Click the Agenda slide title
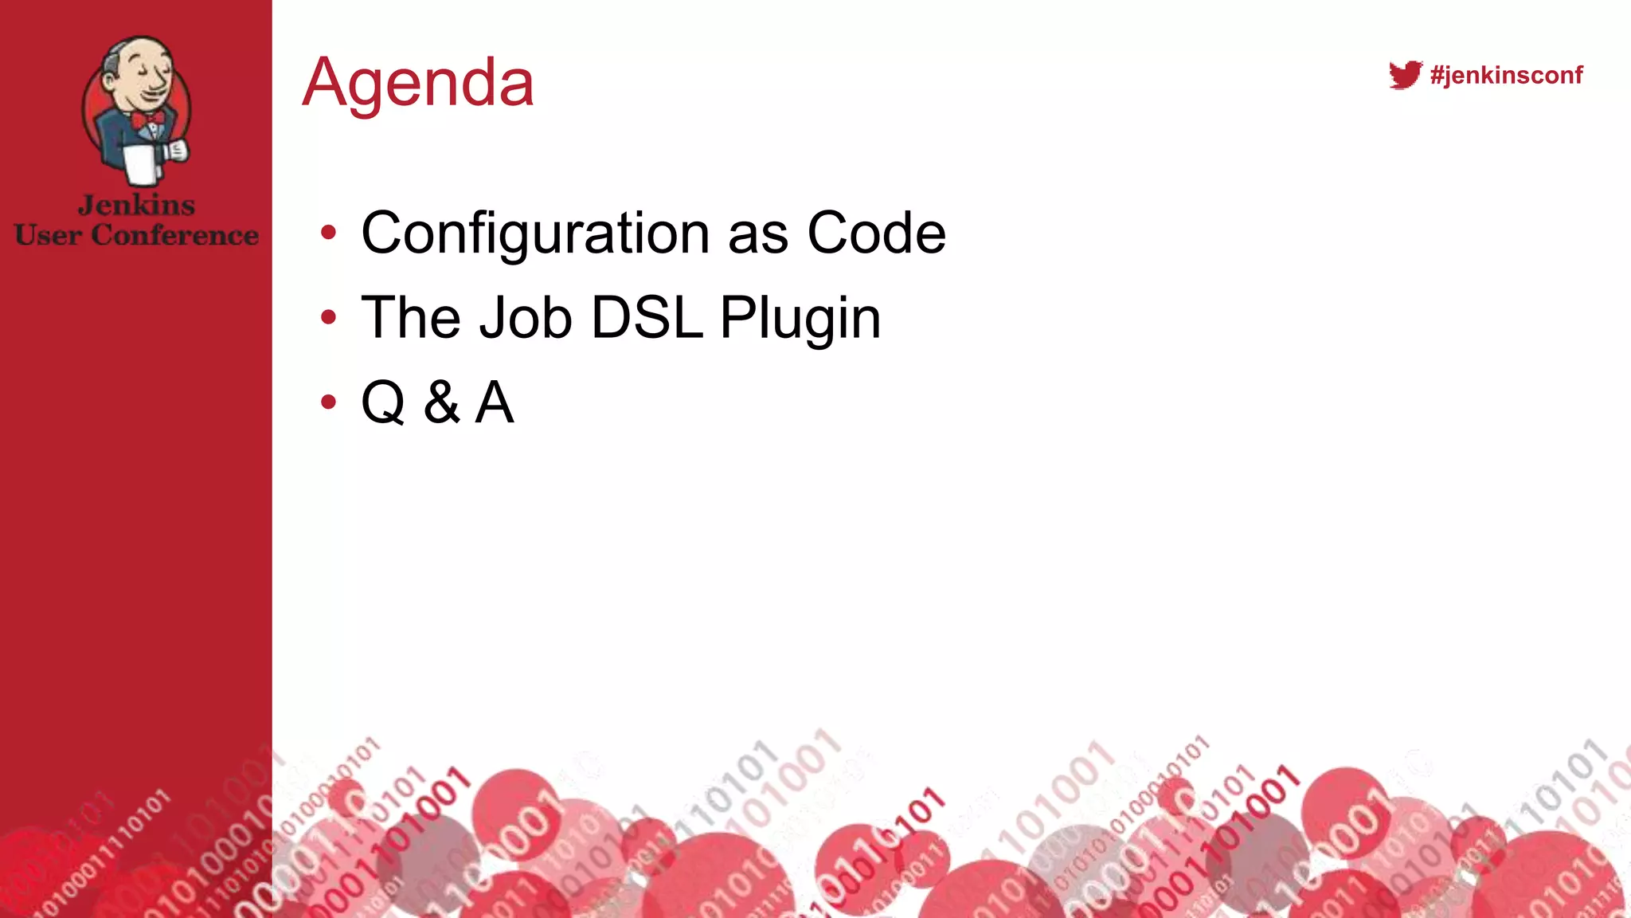[x=418, y=83]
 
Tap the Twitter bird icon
[x=1405, y=75]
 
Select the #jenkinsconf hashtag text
[x=1506, y=75]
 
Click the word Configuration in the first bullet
[x=534, y=233]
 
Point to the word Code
[x=876, y=233]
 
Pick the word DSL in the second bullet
[x=647, y=318]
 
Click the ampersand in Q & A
[x=441, y=402]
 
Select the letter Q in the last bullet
[x=383, y=402]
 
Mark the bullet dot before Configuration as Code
[x=328, y=233]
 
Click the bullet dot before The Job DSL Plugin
[x=328, y=318]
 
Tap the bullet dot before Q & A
[x=328, y=402]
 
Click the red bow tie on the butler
[x=148, y=119]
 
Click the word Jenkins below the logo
[x=136, y=205]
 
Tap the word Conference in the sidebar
[x=174, y=235]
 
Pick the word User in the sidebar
[x=48, y=235]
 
